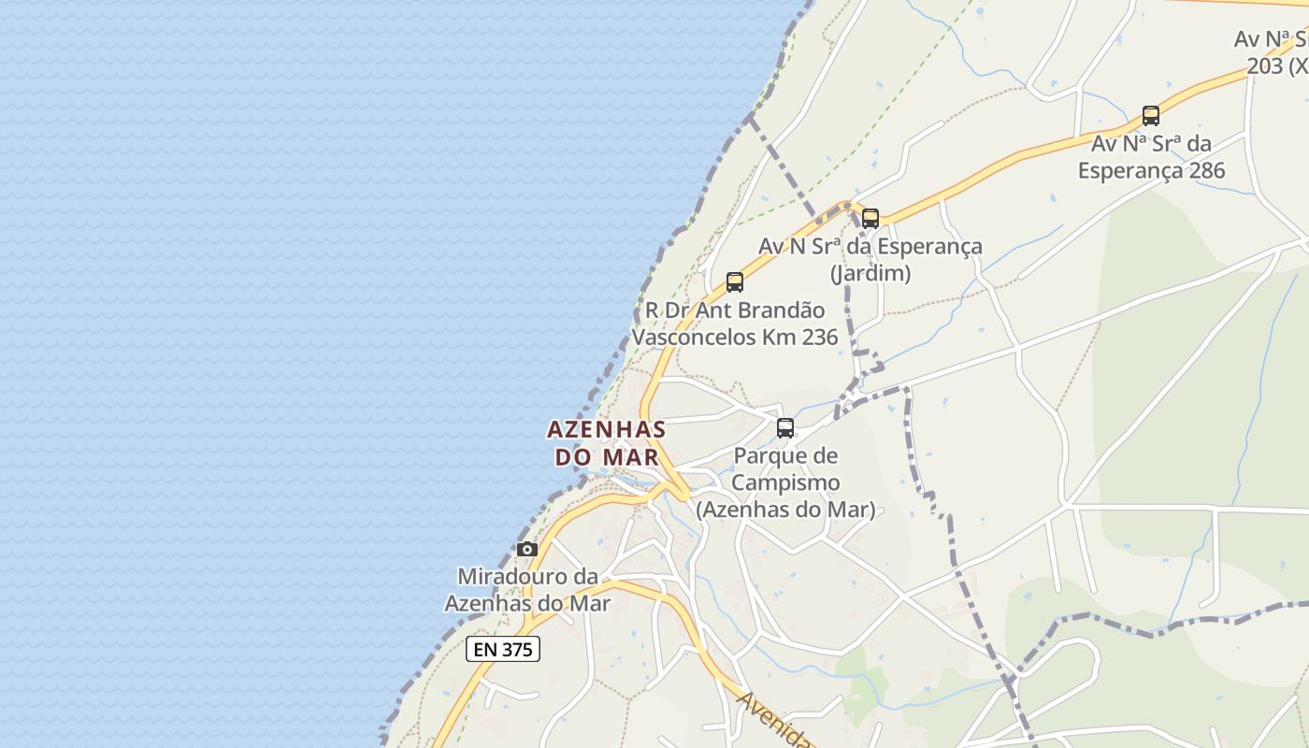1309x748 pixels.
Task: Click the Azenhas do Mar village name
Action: pyautogui.click(x=606, y=443)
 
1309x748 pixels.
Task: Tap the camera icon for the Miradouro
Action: pyautogui.click(x=527, y=549)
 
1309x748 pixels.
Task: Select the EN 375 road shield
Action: pyautogui.click(x=503, y=649)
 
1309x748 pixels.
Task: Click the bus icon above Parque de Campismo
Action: pyautogui.click(x=785, y=428)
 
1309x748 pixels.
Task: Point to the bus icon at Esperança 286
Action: pyautogui.click(x=1151, y=116)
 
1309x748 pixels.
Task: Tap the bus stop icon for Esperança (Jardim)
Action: pyautogui.click(x=870, y=219)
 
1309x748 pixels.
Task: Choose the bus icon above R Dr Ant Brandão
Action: pyautogui.click(x=735, y=281)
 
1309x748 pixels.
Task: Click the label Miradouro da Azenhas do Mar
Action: pyautogui.click(x=527, y=590)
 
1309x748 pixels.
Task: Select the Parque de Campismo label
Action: pyautogui.click(x=785, y=482)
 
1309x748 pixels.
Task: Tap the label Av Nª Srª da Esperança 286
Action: pyautogui.click(x=1151, y=157)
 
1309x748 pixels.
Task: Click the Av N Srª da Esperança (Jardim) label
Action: pyautogui.click(x=870, y=259)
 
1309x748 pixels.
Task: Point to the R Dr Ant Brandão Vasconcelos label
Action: pyautogui.click(x=735, y=324)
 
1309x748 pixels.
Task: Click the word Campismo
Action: pyautogui.click(x=785, y=483)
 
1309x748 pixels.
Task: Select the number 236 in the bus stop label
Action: pyautogui.click(x=819, y=337)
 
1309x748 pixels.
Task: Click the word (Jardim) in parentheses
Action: pyautogui.click(x=870, y=273)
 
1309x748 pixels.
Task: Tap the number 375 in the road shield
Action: pyautogui.click(x=516, y=649)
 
